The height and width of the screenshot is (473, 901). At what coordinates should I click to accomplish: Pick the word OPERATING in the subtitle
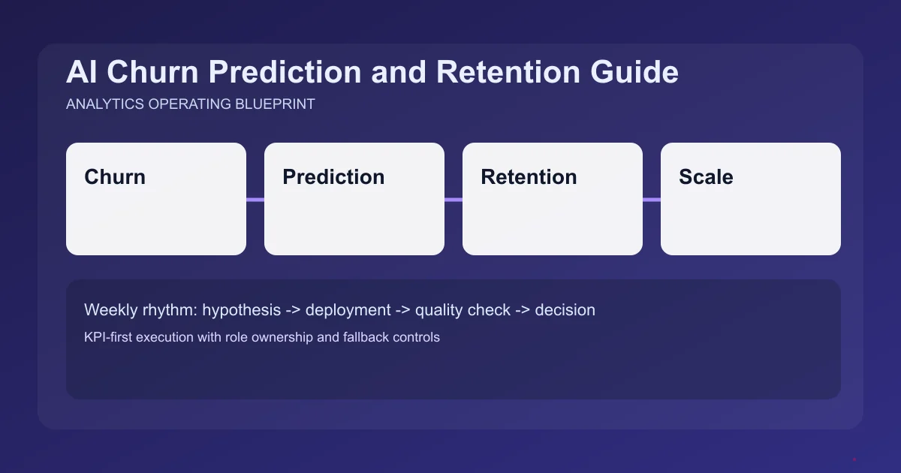point(185,104)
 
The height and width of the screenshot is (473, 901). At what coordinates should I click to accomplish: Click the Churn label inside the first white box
point(115,177)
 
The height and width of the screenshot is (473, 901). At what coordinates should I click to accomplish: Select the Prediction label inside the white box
point(333,177)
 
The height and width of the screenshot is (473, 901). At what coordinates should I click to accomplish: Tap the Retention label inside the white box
point(529,177)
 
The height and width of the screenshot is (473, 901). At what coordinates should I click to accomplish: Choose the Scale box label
point(706,177)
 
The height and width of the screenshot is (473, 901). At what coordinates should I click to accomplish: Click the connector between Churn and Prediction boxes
point(255,200)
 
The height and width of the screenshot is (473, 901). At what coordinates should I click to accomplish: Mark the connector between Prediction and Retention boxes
point(454,200)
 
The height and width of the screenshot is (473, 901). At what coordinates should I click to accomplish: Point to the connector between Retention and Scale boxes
point(652,200)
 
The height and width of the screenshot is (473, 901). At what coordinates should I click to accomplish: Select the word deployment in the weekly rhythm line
point(348,310)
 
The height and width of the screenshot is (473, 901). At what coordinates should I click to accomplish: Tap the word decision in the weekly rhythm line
point(565,310)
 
